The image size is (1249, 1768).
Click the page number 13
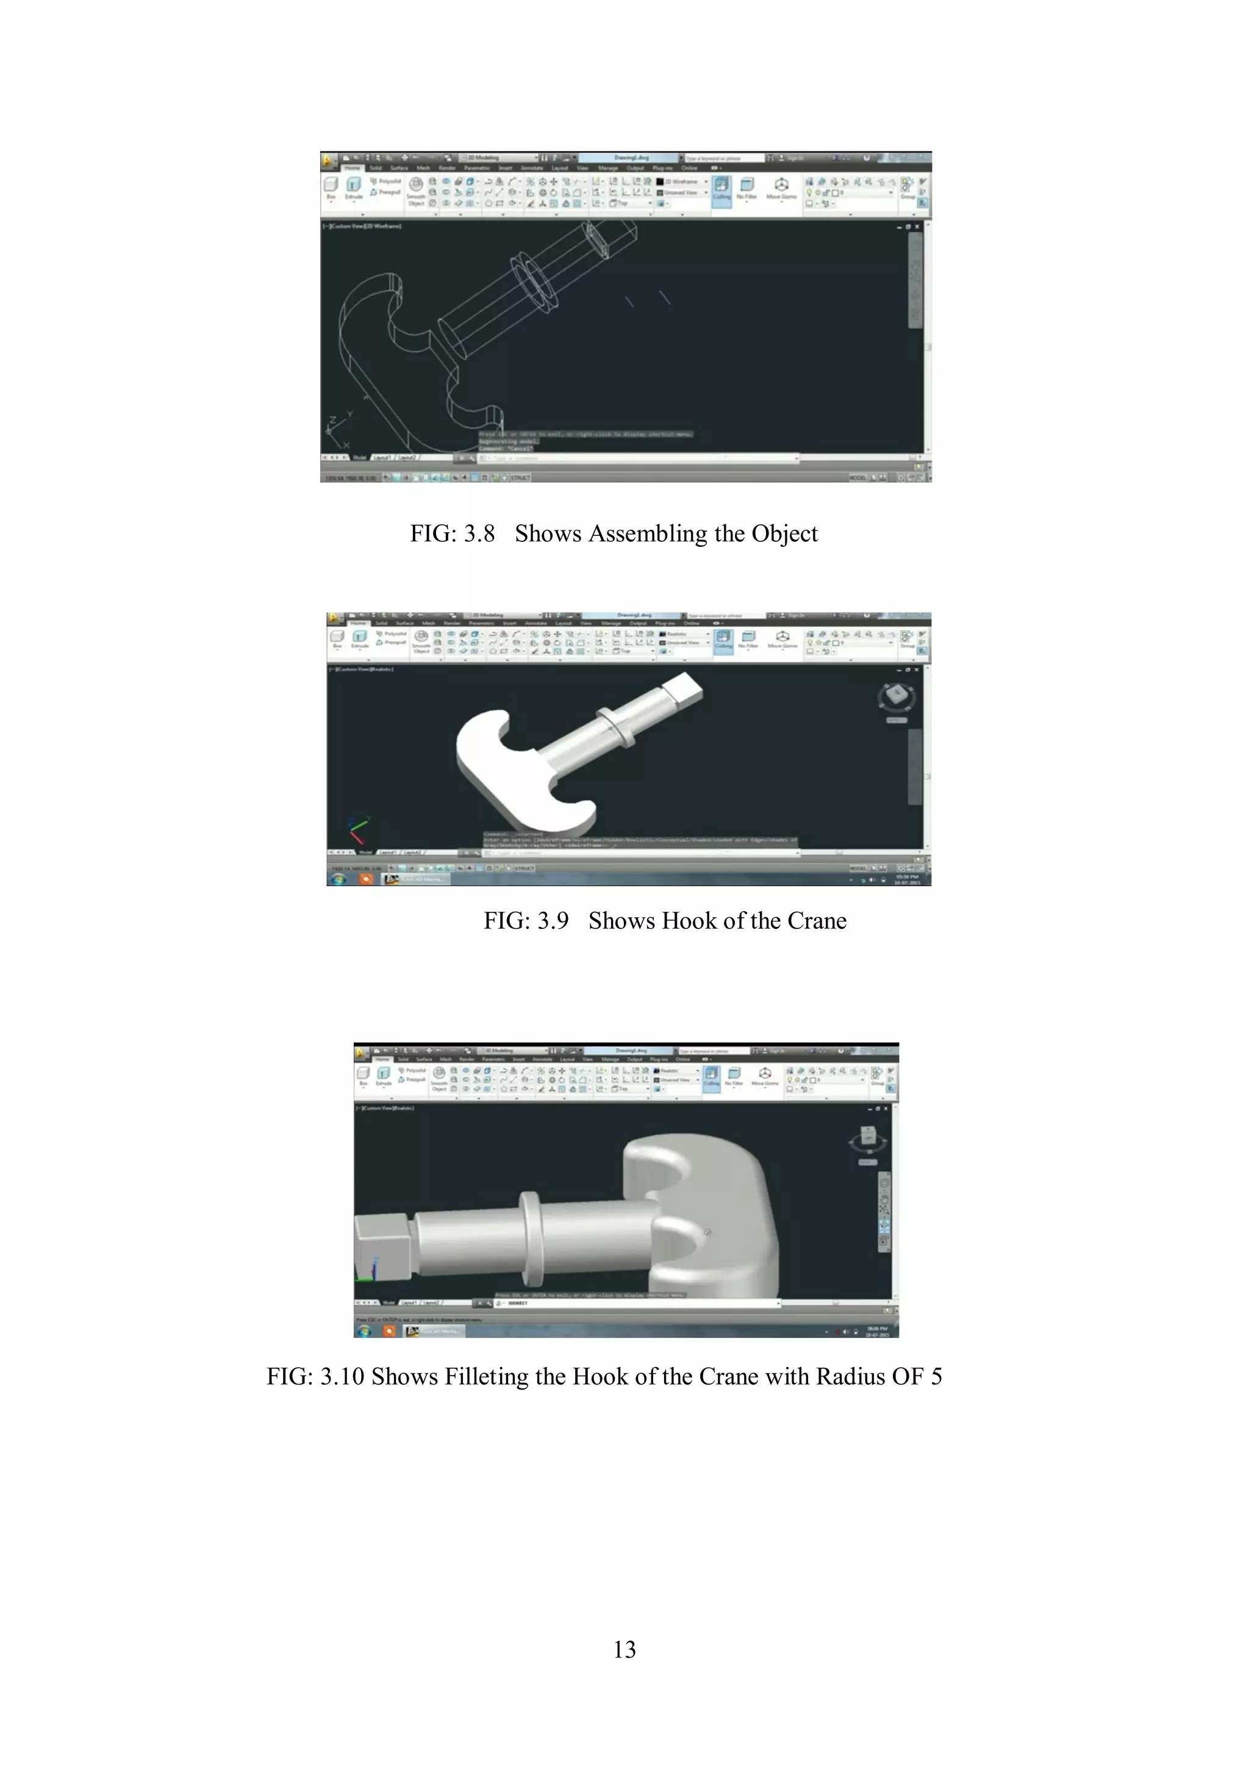(624, 1650)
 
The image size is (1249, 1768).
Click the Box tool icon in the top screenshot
(331, 186)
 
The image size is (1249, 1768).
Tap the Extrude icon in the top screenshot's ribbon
(353, 186)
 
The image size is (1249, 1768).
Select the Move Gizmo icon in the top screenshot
(781, 186)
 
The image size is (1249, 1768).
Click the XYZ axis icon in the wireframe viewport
(339, 431)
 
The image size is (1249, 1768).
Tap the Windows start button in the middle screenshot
(338, 879)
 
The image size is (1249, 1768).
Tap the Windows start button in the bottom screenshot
(365, 1330)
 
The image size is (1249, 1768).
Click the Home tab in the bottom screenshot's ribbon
(382, 1059)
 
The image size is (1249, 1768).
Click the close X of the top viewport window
(917, 227)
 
